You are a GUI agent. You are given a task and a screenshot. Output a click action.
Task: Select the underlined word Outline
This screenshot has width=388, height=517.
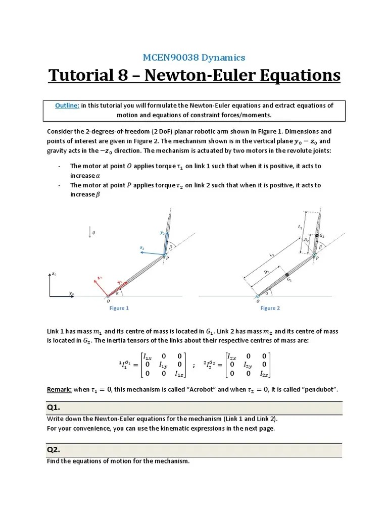[x=67, y=106]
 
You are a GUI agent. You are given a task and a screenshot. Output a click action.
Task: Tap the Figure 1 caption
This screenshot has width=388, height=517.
[x=119, y=308]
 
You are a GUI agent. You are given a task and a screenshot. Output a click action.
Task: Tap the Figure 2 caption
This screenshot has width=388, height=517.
[x=270, y=308]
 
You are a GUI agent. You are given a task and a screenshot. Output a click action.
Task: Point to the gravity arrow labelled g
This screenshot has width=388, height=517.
[x=90, y=232]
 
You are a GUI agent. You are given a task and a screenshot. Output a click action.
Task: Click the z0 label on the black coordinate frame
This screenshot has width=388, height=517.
[x=54, y=274]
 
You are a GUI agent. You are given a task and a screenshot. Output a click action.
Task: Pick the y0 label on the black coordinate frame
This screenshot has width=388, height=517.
[x=71, y=293]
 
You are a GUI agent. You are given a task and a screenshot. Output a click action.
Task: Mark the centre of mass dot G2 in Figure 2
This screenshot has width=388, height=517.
[x=317, y=236]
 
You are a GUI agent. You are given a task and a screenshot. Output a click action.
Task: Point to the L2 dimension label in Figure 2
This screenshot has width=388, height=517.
[x=300, y=229]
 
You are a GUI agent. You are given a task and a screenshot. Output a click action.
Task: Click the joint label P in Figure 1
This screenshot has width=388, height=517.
[x=168, y=258]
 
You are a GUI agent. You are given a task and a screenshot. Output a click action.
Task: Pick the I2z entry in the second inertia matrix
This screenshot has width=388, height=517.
[x=264, y=374]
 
